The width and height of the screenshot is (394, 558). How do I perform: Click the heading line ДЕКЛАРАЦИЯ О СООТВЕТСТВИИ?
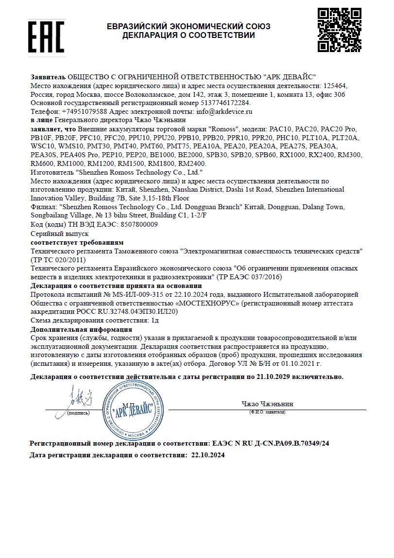click(x=188, y=35)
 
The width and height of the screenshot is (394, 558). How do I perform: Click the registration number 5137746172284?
click(x=225, y=103)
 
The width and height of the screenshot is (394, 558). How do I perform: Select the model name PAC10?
click(x=282, y=129)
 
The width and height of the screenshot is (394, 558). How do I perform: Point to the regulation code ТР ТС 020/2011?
click(x=58, y=260)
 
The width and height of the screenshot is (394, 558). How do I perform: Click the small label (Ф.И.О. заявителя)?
click(x=267, y=412)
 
